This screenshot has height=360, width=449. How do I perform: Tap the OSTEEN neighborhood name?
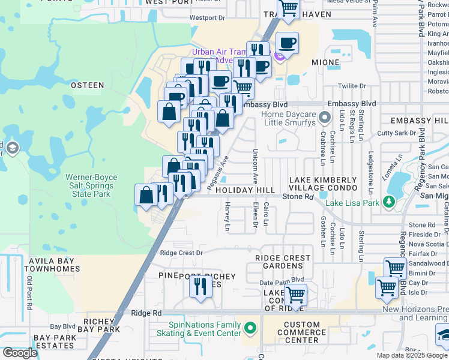[x=87, y=86]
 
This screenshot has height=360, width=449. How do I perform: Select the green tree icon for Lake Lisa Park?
[x=390, y=202]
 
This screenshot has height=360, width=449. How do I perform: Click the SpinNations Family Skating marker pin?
[x=250, y=328]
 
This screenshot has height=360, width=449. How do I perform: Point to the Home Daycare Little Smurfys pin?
[x=325, y=116]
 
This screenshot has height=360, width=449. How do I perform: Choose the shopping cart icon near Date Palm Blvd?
[x=296, y=295]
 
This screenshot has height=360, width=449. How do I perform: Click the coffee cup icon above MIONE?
[x=287, y=43]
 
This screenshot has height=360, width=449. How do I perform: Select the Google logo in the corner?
[x=20, y=353]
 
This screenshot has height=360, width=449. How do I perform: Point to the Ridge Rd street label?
[x=146, y=313]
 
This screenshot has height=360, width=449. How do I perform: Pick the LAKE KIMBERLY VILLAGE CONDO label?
[x=323, y=184]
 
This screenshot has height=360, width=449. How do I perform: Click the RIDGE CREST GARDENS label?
[x=283, y=262]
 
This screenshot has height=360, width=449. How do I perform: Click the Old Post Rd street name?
[x=29, y=293]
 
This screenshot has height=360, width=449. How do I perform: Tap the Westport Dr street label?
[x=207, y=18]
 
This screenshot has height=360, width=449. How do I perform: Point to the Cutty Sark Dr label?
[x=397, y=133]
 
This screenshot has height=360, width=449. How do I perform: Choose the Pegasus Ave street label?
[x=218, y=175]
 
